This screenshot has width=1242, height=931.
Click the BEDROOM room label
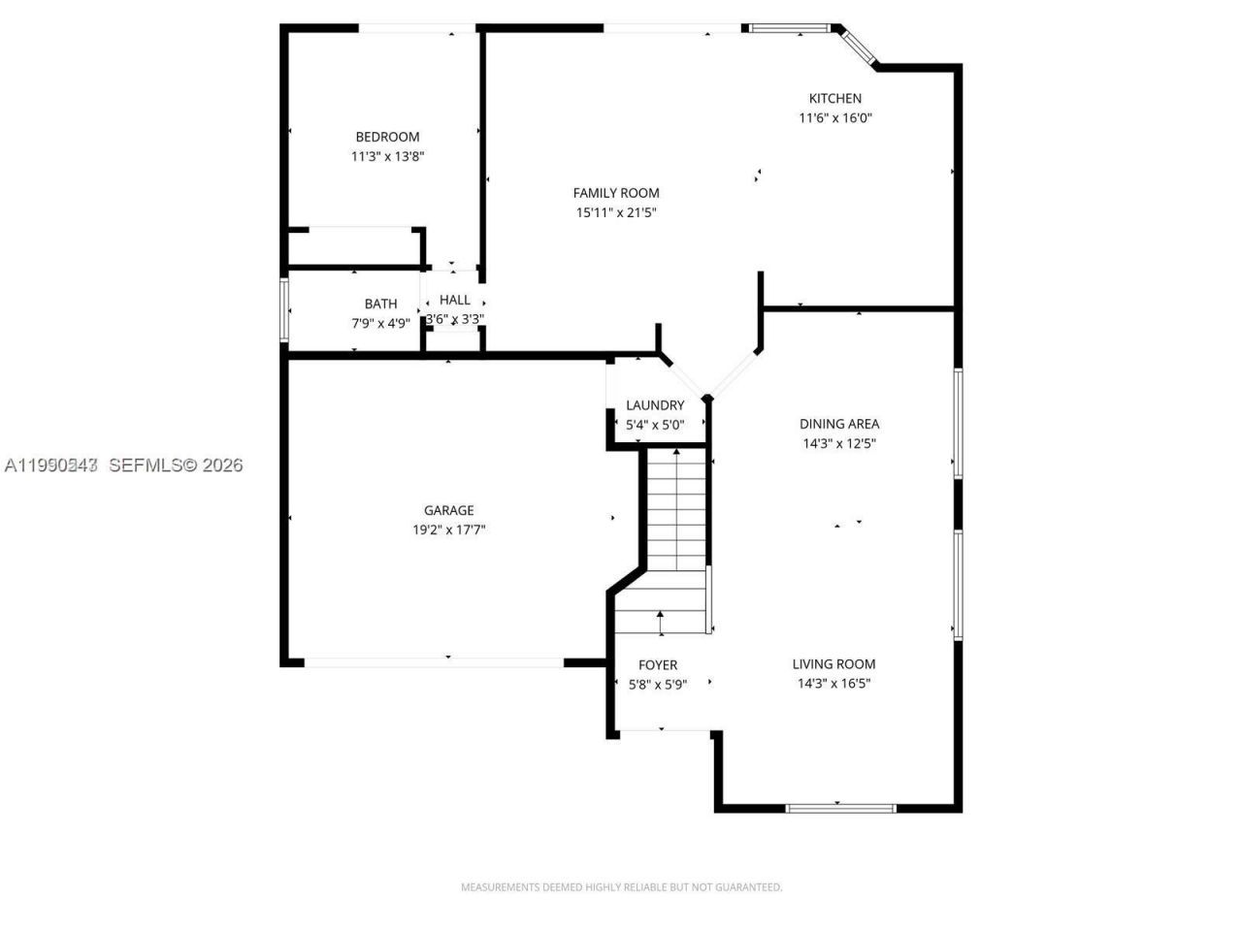click(x=387, y=137)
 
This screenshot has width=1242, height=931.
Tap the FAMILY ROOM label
click(x=615, y=193)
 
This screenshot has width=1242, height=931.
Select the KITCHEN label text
click(x=835, y=98)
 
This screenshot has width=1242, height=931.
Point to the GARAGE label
click(x=448, y=510)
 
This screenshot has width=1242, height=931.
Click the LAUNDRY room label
click(x=655, y=405)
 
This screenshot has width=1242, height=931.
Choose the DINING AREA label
click(x=839, y=424)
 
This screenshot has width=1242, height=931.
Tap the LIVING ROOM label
click(x=833, y=664)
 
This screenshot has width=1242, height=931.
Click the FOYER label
click(x=658, y=665)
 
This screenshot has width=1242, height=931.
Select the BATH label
click(x=380, y=305)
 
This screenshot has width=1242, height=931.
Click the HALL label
click(x=454, y=300)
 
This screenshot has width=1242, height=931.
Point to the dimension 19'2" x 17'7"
click(x=448, y=530)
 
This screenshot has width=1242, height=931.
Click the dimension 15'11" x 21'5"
click(x=615, y=212)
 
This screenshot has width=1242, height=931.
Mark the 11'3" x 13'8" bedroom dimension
click(x=387, y=156)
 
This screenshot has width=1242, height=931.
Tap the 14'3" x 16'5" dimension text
click(x=833, y=684)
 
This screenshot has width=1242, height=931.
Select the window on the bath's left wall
click(x=284, y=310)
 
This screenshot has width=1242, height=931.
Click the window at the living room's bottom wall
click(x=840, y=807)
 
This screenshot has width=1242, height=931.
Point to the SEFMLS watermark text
click(x=175, y=465)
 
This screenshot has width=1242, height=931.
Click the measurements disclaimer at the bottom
click(x=621, y=886)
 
